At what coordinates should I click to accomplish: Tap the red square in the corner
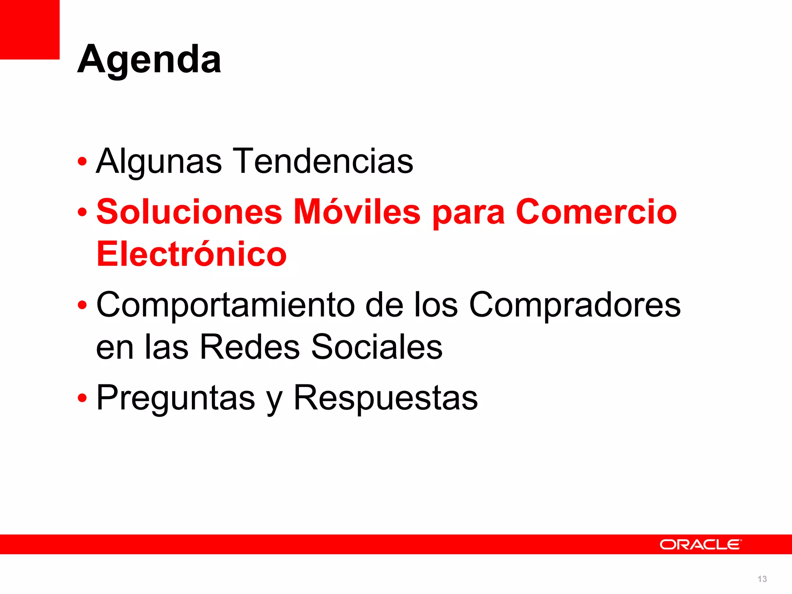[29, 29]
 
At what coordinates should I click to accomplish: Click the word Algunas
[159, 161]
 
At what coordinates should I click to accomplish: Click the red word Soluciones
[189, 212]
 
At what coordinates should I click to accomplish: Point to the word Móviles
[357, 212]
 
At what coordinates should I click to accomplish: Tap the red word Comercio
[596, 212]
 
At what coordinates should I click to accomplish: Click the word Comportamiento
[225, 305]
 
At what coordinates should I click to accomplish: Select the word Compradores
[575, 305]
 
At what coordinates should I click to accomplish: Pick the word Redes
[250, 346]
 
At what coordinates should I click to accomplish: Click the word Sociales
[377, 346]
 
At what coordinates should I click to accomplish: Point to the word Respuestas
[386, 398]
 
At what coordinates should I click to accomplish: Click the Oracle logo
[700, 544]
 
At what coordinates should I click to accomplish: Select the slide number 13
[762, 579]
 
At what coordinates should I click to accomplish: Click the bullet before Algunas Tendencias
[82, 162]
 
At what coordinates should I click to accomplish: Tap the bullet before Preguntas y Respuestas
[82, 398]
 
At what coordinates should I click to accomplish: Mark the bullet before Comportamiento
[82, 305]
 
